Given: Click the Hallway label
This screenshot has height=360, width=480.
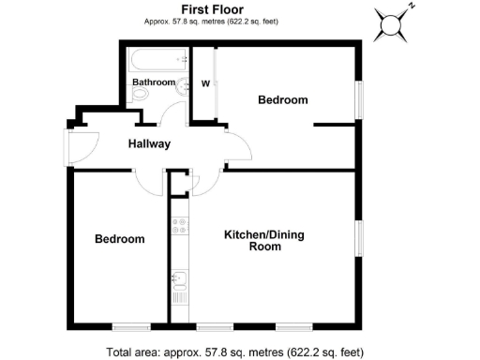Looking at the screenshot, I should tap(149, 143).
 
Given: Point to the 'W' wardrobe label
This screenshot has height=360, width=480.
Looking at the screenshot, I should tap(204, 82).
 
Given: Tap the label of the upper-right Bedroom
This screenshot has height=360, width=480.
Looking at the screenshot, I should tap(282, 99).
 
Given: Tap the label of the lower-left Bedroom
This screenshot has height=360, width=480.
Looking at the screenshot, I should tap(120, 239).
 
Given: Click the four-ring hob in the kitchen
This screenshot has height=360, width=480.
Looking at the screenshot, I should tap(179, 225).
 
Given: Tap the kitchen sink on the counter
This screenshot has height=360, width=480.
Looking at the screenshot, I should tap(179, 279).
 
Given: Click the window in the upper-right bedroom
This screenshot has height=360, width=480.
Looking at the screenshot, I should tap(357, 99).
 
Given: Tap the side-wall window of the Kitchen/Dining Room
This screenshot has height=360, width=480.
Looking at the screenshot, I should tap(357, 237).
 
